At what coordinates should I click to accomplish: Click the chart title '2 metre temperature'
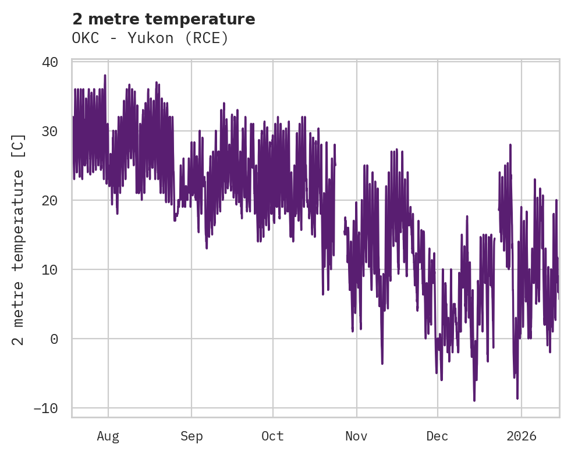pos(164,19)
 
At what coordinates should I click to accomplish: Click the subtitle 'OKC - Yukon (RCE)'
pos(150,38)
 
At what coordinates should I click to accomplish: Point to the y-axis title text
pos(19,239)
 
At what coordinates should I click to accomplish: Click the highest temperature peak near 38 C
pos(105,76)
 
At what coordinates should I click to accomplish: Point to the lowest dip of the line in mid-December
pos(474,400)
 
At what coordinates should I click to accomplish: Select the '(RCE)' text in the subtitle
pos(206,38)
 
